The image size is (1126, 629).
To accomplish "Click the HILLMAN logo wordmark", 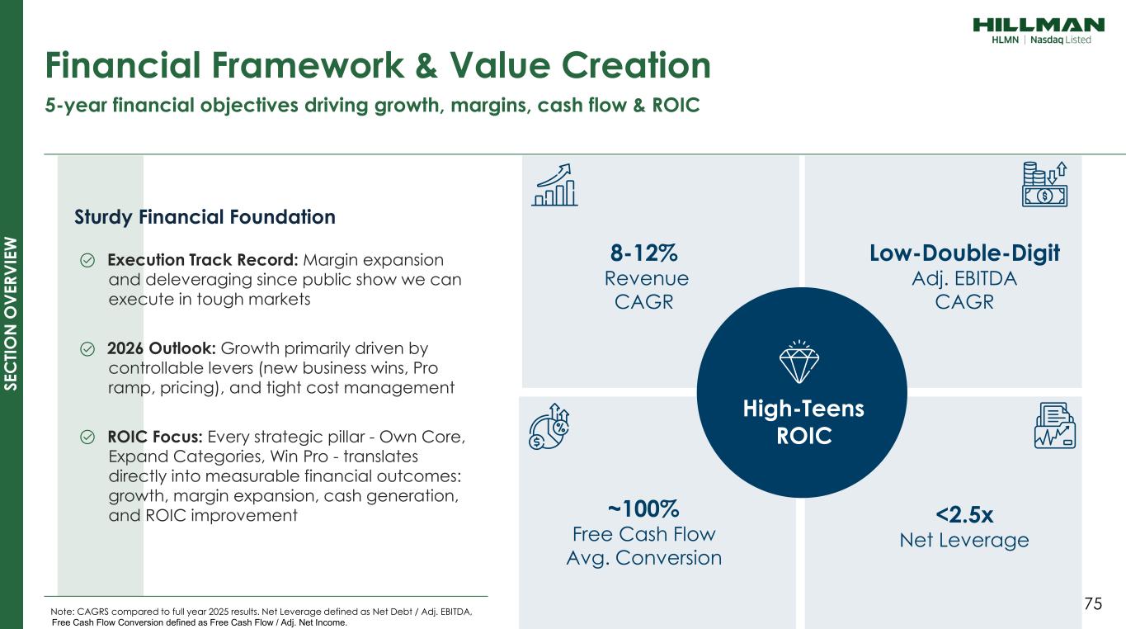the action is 1039,25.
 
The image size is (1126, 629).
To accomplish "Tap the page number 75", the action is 1093,603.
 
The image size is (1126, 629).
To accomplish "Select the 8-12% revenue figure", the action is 644,253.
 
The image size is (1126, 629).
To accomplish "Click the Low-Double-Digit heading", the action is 964,253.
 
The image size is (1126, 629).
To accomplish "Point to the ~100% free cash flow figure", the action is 643,508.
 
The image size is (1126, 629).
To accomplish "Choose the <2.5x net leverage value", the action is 964,514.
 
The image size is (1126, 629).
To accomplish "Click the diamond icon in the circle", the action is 799,362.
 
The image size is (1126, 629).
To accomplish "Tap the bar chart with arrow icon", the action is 554,185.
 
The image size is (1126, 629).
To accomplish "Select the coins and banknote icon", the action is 1044,184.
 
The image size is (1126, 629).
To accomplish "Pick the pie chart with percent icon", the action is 549,427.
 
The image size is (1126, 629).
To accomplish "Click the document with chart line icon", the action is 1054,425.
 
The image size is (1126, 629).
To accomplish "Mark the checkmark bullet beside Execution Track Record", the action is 87,260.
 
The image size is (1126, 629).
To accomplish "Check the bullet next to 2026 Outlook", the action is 87,348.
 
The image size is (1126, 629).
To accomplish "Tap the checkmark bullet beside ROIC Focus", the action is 87,437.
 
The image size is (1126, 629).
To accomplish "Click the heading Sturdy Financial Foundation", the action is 205,217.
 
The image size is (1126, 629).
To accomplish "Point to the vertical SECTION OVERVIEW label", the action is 11,314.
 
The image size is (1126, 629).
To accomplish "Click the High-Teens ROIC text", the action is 803,422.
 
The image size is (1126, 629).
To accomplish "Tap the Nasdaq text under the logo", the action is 1047,40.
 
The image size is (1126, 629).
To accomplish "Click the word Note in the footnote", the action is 62,612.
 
